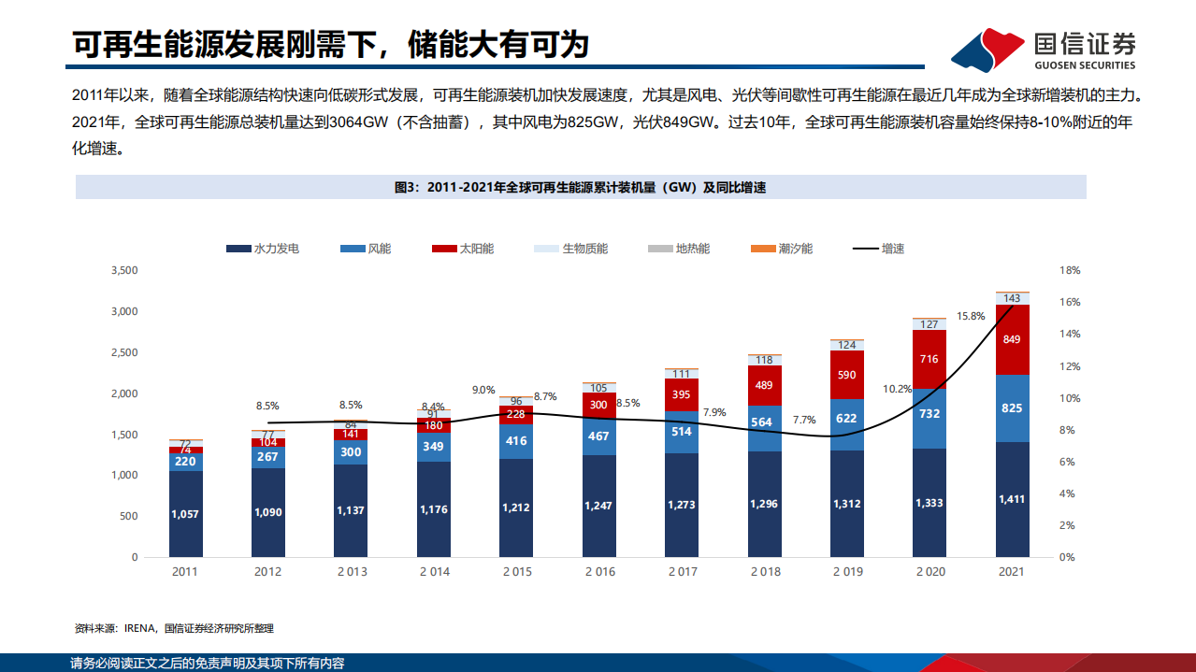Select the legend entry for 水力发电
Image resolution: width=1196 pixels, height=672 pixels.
[263, 249]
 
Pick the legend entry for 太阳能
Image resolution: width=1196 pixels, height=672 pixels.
[463, 249]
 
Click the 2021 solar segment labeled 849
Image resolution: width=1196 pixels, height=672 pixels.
[1012, 339]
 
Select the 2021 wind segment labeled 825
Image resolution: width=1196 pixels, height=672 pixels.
[1012, 408]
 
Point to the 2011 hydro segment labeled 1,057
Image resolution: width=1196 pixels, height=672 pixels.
[186, 513]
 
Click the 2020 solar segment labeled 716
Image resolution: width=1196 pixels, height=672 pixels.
[929, 359]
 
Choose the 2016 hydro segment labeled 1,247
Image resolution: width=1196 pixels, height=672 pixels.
[599, 505]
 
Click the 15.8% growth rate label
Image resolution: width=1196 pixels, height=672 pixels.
[971, 316]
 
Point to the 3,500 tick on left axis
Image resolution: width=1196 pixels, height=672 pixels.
[123, 270]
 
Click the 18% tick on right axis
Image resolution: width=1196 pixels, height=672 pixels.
[1069, 270]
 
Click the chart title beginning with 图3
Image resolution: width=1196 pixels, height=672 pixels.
[580, 187]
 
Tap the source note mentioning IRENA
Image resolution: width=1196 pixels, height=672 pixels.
[174, 628]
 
